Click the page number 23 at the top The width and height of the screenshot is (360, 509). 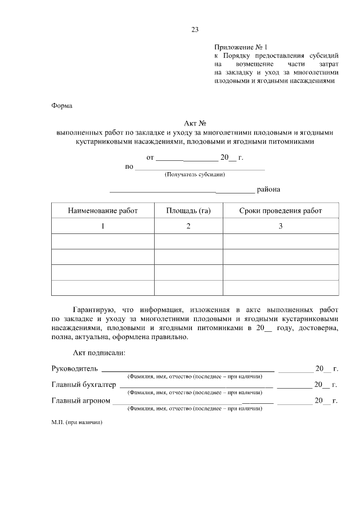point(195,30)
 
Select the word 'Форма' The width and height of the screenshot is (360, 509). point(62,105)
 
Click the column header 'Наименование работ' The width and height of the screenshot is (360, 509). point(102,211)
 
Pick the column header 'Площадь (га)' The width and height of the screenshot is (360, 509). point(188,211)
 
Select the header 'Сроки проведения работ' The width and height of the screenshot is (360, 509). point(281,211)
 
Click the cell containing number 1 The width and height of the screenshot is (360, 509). point(102,226)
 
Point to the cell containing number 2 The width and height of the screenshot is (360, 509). point(188,226)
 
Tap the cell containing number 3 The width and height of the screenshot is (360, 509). point(281,226)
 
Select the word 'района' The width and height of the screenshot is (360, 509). point(268,190)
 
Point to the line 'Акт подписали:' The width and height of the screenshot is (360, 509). point(99,353)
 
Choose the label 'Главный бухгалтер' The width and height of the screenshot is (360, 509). point(83,385)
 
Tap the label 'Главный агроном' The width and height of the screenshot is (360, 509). point(80,401)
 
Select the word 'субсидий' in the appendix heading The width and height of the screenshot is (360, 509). point(322,56)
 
